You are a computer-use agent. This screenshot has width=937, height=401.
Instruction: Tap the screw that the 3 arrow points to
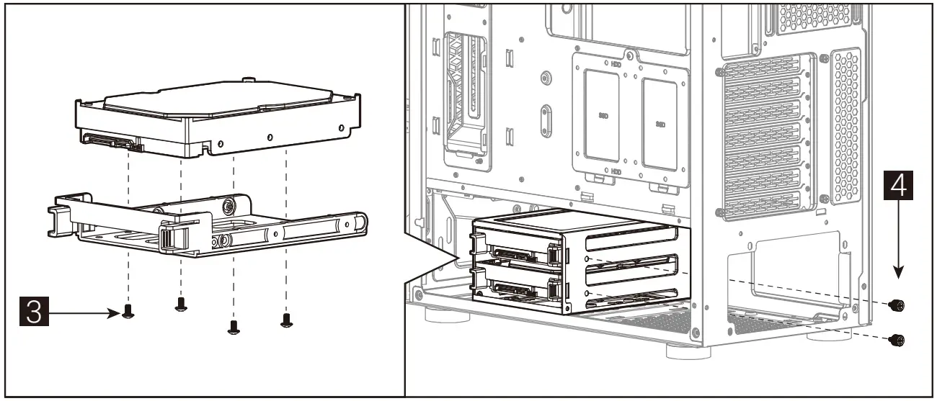[x=128, y=311]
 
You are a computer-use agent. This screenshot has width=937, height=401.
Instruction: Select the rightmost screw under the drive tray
[x=286, y=319]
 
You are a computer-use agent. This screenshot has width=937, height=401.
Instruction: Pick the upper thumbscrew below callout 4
[x=897, y=305]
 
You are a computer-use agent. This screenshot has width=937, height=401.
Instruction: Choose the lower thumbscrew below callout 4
[x=897, y=339]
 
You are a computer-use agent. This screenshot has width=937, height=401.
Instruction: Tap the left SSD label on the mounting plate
[x=603, y=114]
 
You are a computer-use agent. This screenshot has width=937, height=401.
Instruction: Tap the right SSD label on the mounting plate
[x=660, y=124]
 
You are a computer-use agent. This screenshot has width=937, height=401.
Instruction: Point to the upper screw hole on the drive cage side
[x=589, y=260]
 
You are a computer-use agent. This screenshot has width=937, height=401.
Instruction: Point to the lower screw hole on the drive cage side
[x=589, y=294]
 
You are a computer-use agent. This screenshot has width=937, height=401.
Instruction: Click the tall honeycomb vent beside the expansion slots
[x=846, y=126]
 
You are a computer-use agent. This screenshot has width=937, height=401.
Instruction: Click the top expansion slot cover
[x=764, y=78]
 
